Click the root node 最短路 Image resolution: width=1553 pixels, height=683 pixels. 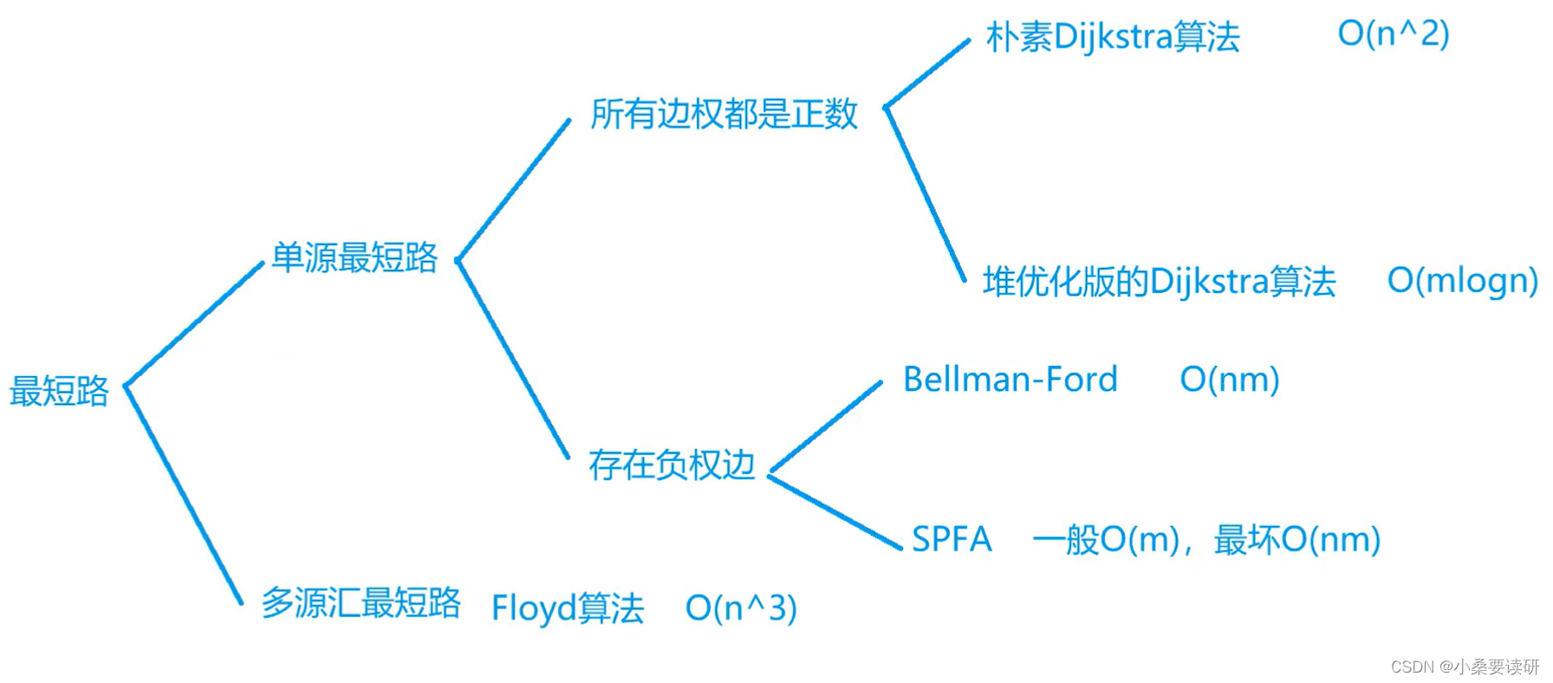point(59,391)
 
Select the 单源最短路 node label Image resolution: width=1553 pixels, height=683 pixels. point(354,257)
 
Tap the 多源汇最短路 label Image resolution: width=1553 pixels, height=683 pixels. point(361,602)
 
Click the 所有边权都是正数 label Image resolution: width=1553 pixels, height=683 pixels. point(724,114)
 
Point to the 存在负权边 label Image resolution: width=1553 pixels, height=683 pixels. point(672,465)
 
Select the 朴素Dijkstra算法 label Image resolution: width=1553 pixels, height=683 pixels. point(1113,37)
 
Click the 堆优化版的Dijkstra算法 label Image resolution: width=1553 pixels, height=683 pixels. point(1159,282)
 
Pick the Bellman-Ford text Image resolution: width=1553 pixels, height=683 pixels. point(1010,380)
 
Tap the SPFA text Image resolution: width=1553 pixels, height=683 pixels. point(952,539)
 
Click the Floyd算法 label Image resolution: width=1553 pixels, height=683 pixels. point(568,608)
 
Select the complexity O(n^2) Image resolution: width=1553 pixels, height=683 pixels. point(1393,34)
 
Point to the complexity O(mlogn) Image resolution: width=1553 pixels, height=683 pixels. point(1462,280)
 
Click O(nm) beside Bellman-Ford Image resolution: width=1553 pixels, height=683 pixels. point(1230,380)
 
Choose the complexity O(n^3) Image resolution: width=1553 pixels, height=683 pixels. point(740,608)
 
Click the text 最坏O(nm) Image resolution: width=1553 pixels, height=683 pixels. point(1296,539)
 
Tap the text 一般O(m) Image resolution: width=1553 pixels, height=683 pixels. point(1106,539)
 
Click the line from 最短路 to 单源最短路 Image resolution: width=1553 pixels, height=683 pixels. point(194,324)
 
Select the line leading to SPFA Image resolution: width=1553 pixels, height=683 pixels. point(835,511)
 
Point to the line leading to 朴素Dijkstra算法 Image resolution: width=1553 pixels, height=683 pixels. point(926,74)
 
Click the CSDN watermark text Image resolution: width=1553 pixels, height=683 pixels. point(1465,667)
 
